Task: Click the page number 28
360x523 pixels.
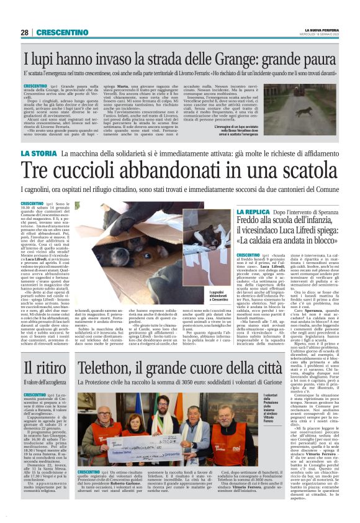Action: [x=24, y=32]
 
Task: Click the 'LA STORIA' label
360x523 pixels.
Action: [x=38, y=153]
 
